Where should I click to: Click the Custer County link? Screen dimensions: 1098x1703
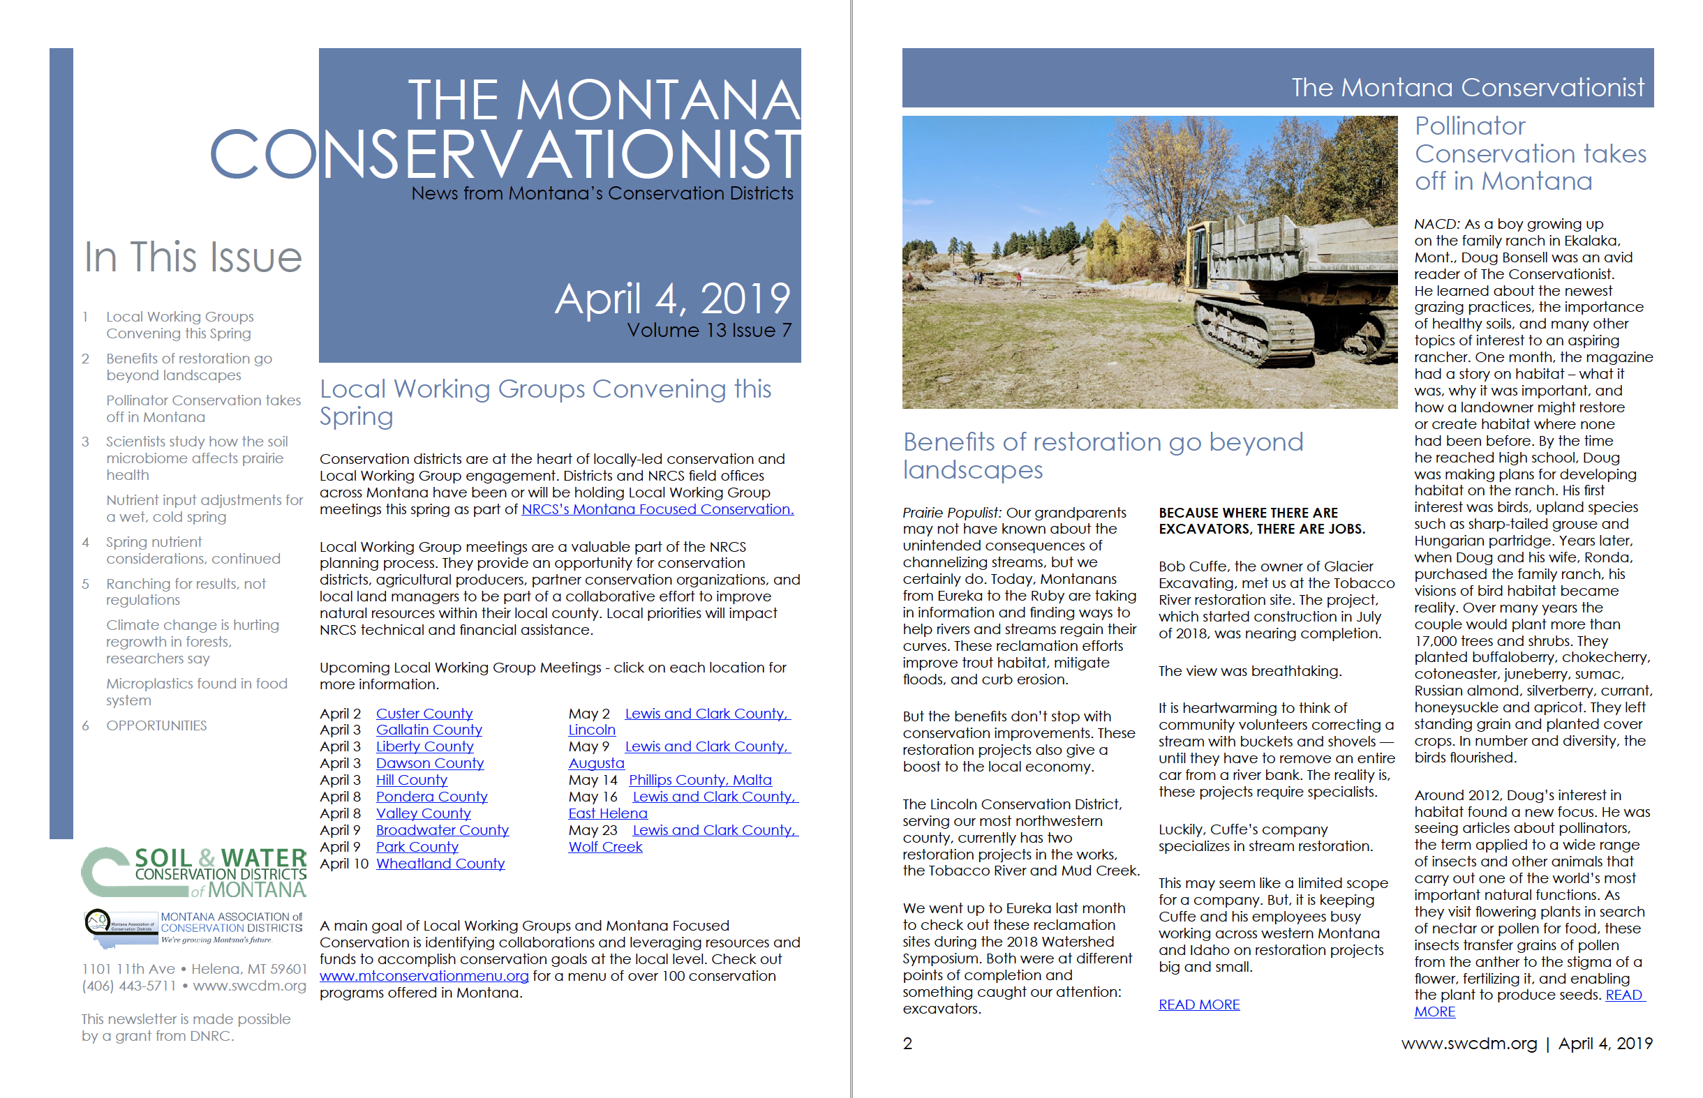pos(424,713)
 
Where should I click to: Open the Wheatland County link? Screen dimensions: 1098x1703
pos(440,864)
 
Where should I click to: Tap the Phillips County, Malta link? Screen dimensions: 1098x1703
pos(699,780)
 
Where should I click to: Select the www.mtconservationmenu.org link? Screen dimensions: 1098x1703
pos(424,975)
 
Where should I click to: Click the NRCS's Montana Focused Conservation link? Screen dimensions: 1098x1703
pos(657,509)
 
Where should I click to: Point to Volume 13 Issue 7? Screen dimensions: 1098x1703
pos(709,331)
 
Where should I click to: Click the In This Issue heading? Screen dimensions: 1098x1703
pos(193,257)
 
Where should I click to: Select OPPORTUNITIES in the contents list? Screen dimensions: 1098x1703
pos(156,725)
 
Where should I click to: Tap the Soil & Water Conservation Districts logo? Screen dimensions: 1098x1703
pos(194,872)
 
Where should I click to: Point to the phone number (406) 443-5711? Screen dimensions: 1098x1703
pos(128,986)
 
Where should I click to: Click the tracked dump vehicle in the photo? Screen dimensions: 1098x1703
pos(1277,285)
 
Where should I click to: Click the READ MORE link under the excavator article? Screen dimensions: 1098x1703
pos(1199,1005)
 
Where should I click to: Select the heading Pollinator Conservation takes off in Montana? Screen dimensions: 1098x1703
pos(1530,153)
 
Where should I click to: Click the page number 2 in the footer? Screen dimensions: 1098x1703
pos(907,1044)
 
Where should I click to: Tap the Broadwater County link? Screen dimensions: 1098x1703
pos(443,830)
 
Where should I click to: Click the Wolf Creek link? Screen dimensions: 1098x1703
pos(604,847)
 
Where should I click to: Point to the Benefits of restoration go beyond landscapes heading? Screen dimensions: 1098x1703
pos(1102,456)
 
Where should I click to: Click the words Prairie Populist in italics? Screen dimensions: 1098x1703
pos(951,513)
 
